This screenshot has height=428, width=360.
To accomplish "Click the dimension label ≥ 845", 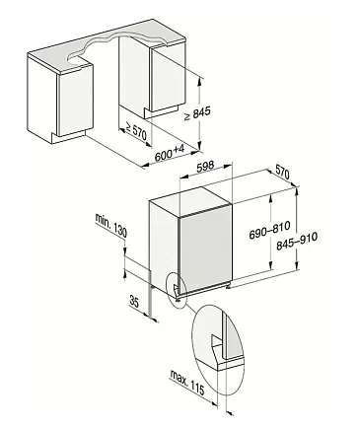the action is tap(197, 113).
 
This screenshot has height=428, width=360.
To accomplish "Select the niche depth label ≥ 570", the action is tap(134, 131).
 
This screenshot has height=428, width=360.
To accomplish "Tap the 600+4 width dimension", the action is tap(170, 153).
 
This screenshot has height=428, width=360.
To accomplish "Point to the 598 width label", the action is tap(205, 166).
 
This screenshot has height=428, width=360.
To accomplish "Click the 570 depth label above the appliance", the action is tap(282, 172).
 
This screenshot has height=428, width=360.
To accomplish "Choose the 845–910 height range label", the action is tap(297, 241).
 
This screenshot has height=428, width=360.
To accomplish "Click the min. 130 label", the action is tap(110, 225).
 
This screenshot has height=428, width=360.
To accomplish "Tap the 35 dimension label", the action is tap(134, 302).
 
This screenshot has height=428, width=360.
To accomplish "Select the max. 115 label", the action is tap(187, 383).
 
